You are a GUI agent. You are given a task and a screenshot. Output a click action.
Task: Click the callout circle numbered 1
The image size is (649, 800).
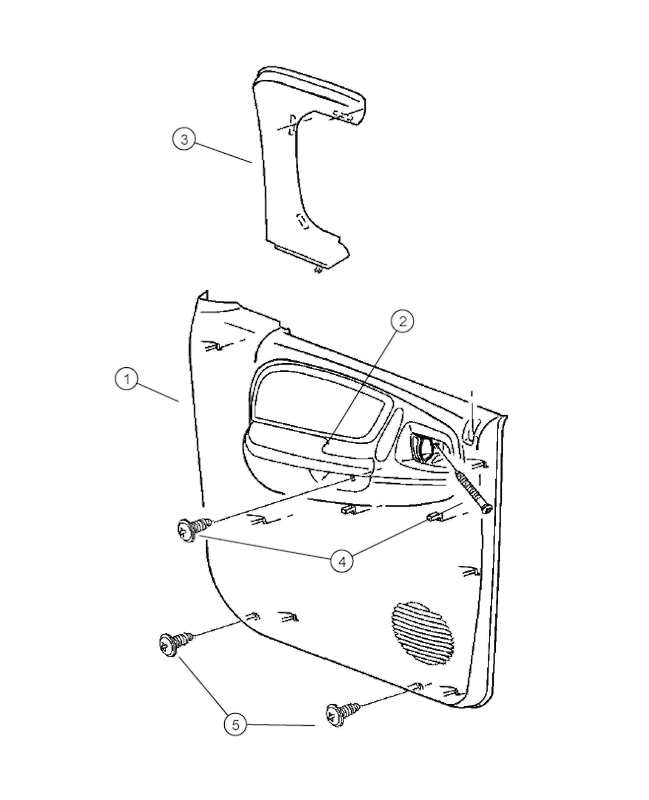click(127, 379)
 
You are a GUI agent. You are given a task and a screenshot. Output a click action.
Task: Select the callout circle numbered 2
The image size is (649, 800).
click(402, 321)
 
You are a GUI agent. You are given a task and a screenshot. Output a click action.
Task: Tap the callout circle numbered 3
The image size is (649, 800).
click(185, 139)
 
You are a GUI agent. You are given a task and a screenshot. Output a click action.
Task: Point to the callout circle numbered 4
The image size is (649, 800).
click(342, 561)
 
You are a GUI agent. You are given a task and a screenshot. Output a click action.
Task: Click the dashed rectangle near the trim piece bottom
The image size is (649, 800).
click(303, 221)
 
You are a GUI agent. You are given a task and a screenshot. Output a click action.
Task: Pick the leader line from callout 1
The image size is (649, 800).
click(158, 391)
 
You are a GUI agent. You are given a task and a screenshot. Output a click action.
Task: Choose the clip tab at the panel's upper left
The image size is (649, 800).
click(214, 346)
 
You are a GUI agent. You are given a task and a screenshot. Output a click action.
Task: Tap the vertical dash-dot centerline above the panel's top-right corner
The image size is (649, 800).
click(471, 405)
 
